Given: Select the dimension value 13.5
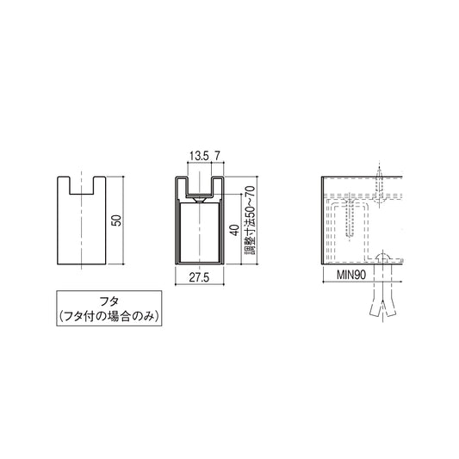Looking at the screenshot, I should tap(197, 155).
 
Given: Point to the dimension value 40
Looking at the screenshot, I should tap(233, 231).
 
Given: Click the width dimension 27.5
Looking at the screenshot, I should tap(200, 277).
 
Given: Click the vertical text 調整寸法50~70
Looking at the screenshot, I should tap(250, 220).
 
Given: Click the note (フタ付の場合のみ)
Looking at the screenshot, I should tap(109, 317).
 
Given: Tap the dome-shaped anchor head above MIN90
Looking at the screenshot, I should tap(382, 257).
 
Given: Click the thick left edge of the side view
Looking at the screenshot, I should tap(322, 220).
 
